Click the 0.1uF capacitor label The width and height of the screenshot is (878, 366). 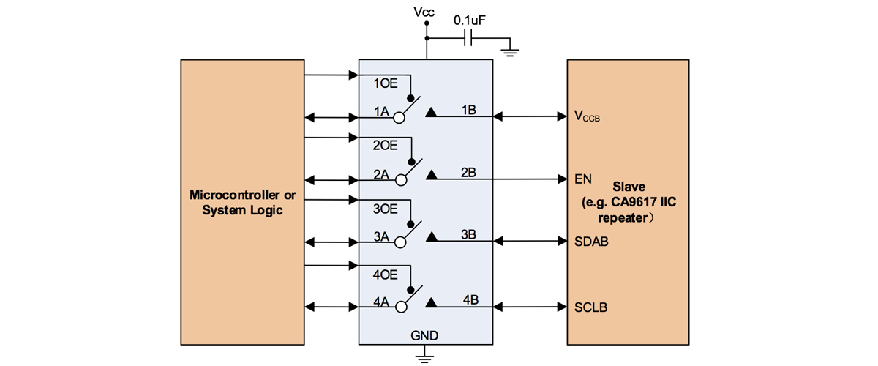click(469, 20)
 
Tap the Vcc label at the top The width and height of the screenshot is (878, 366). click(424, 12)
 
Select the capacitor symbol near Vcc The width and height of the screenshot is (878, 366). click(468, 39)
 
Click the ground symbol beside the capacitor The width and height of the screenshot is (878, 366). click(509, 53)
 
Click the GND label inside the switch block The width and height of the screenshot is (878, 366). click(424, 335)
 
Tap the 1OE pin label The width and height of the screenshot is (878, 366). click(386, 83)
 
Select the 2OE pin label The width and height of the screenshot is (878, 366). click(385, 146)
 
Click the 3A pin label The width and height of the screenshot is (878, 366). click(381, 236)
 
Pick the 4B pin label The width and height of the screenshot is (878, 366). click(470, 299)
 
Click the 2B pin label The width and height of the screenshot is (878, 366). click(468, 172)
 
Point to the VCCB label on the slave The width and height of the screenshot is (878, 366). click(587, 116)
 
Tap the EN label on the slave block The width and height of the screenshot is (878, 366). click(583, 179)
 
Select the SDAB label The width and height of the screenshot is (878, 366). click(591, 242)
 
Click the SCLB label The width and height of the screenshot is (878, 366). click(590, 307)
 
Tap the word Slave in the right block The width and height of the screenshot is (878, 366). click(629, 187)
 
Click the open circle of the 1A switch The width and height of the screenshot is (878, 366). click(399, 118)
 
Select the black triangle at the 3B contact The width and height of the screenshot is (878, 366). click(432, 236)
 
